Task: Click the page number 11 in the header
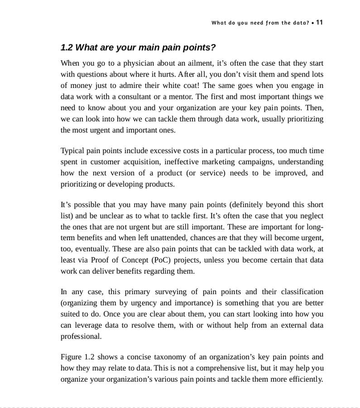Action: point(320,22)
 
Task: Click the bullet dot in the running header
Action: point(312,23)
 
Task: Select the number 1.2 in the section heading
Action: point(67,48)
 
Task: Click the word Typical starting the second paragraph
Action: point(72,151)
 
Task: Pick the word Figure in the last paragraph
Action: point(71,357)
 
